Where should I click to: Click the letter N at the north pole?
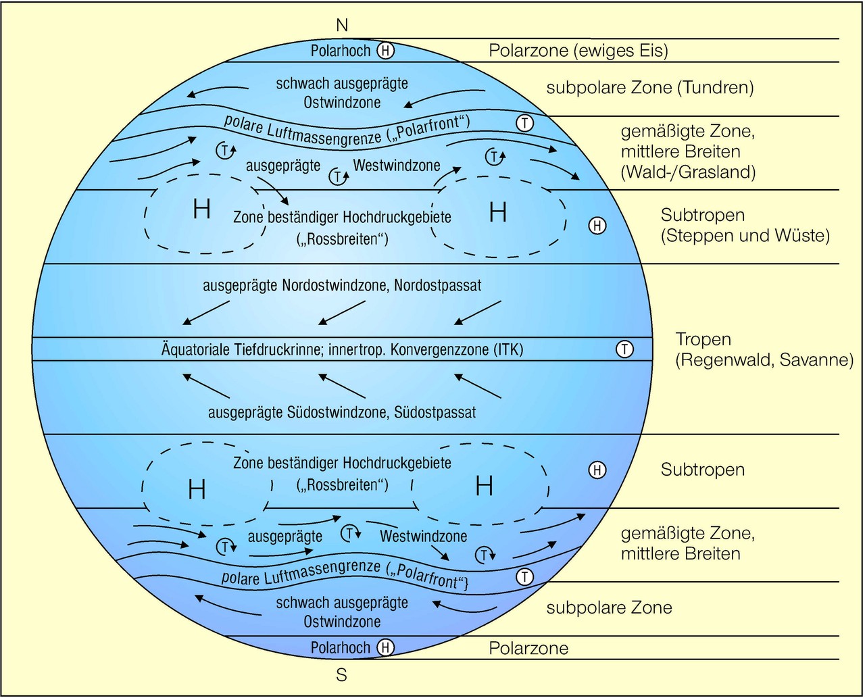pyautogui.click(x=342, y=25)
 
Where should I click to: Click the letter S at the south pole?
pyautogui.click(x=342, y=675)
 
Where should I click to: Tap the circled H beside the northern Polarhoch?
pyautogui.click(x=385, y=51)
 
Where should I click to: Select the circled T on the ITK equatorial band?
pyautogui.click(x=624, y=349)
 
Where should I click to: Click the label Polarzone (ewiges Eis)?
pyautogui.click(x=578, y=51)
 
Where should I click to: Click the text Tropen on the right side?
pyautogui.click(x=703, y=339)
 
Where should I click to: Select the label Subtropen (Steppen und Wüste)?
pyautogui.click(x=745, y=225)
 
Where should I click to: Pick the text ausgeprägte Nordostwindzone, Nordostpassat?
pyautogui.click(x=342, y=285)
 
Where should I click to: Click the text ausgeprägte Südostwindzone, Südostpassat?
pyautogui.click(x=342, y=412)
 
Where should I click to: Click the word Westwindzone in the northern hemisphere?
pyautogui.click(x=397, y=165)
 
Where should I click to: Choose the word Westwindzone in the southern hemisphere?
pyautogui.click(x=423, y=537)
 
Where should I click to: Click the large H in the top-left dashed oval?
pyautogui.click(x=201, y=210)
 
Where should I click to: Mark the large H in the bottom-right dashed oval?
pyautogui.click(x=484, y=486)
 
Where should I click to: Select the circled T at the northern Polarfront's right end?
pyautogui.click(x=524, y=123)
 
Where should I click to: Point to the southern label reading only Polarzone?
pyautogui.click(x=528, y=649)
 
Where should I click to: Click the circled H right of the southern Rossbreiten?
pyautogui.click(x=597, y=470)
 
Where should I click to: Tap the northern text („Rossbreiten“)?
pyautogui.click(x=342, y=239)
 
